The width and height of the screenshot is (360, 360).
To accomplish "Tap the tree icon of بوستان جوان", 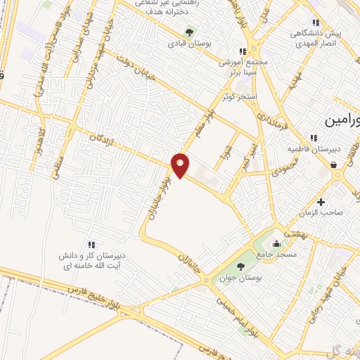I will (240, 266).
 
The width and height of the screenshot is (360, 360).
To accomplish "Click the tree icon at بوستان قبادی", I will (188, 32).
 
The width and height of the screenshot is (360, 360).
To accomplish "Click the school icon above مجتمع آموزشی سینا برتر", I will (243, 51).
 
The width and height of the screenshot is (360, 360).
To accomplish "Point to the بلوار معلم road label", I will (213, 106).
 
